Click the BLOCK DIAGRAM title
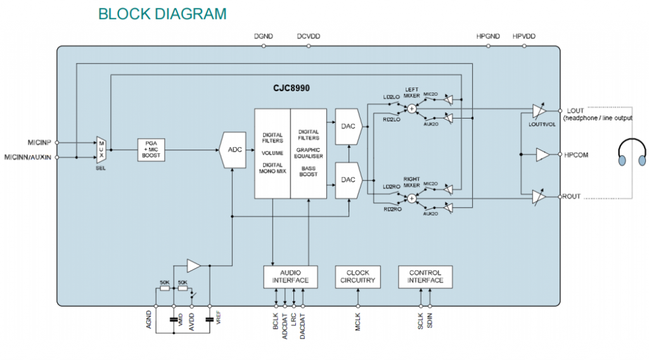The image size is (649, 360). (162, 14)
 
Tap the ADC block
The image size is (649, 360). (234, 150)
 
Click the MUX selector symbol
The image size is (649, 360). (101, 150)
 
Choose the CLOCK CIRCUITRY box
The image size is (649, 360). (357, 276)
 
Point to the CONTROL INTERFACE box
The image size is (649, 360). (425, 276)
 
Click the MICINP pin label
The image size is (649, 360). (39, 142)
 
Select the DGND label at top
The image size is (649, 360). (263, 37)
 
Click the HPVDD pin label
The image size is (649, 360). (524, 37)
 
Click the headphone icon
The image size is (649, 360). (633, 155)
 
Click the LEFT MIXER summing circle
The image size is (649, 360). (412, 108)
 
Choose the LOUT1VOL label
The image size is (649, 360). (543, 124)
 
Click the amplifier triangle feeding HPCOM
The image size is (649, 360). (543, 155)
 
